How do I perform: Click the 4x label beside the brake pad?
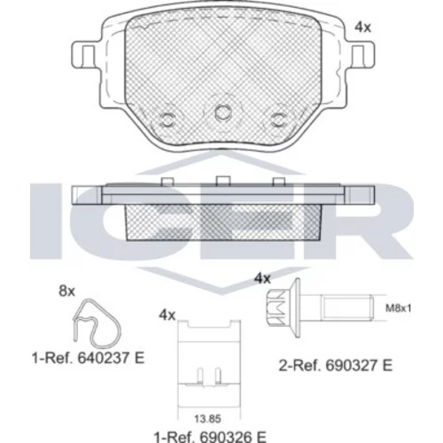[362, 27]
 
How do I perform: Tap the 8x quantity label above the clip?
[67, 291]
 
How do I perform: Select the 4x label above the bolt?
[262, 278]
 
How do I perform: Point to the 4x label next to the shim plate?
[167, 315]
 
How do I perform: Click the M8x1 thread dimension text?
[399, 308]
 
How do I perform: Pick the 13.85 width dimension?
[207, 419]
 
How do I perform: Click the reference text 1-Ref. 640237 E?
[88, 359]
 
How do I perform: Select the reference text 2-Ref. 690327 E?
[336, 366]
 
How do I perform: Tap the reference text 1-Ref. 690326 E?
[210, 437]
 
